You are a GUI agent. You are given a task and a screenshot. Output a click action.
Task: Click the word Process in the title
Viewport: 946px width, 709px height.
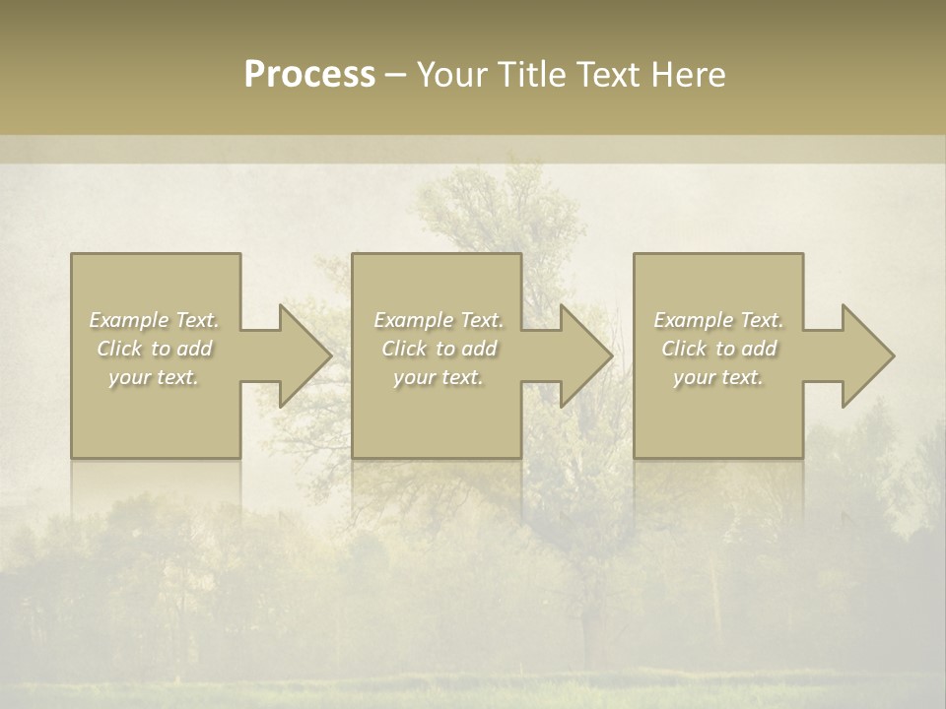tap(309, 75)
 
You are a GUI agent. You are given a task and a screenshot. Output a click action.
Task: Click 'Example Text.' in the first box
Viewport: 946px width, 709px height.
tap(155, 320)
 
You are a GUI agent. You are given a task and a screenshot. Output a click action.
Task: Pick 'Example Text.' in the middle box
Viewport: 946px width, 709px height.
tap(439, 320)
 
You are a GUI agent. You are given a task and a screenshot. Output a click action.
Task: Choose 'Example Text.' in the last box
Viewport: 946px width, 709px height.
tap(718, 320)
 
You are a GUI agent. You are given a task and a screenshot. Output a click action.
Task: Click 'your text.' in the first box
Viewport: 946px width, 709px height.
tap(155, 377)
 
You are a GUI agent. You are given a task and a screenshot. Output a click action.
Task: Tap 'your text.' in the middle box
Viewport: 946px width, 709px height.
tap(439, 377)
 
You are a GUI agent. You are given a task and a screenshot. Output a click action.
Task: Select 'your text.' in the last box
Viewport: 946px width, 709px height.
tap(718, 377)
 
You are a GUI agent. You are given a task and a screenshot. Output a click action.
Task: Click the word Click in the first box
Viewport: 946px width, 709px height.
tap(119, 349)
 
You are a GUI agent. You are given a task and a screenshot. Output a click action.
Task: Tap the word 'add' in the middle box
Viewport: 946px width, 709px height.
tap(479, 349)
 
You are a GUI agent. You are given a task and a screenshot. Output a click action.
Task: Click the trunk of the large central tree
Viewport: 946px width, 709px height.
tap(591, 620)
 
